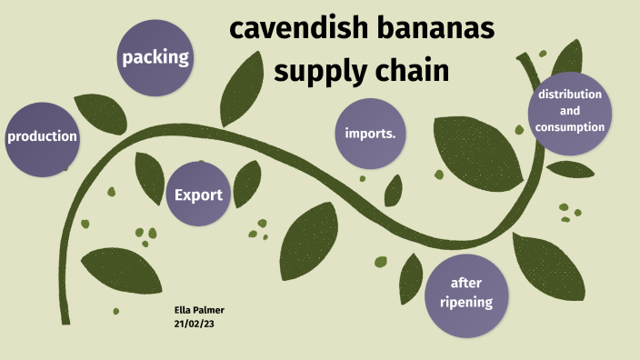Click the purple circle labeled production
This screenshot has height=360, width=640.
point(41,138)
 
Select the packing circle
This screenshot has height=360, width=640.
point(155,58)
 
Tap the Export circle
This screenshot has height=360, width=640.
point(198,195)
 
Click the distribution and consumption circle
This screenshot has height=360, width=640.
point(570,112)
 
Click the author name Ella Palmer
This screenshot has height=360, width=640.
point(199,310)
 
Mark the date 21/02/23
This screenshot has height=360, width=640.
point(195,323)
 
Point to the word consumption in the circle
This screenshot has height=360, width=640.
point(570,127)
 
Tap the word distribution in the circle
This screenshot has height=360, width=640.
point(570,95)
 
